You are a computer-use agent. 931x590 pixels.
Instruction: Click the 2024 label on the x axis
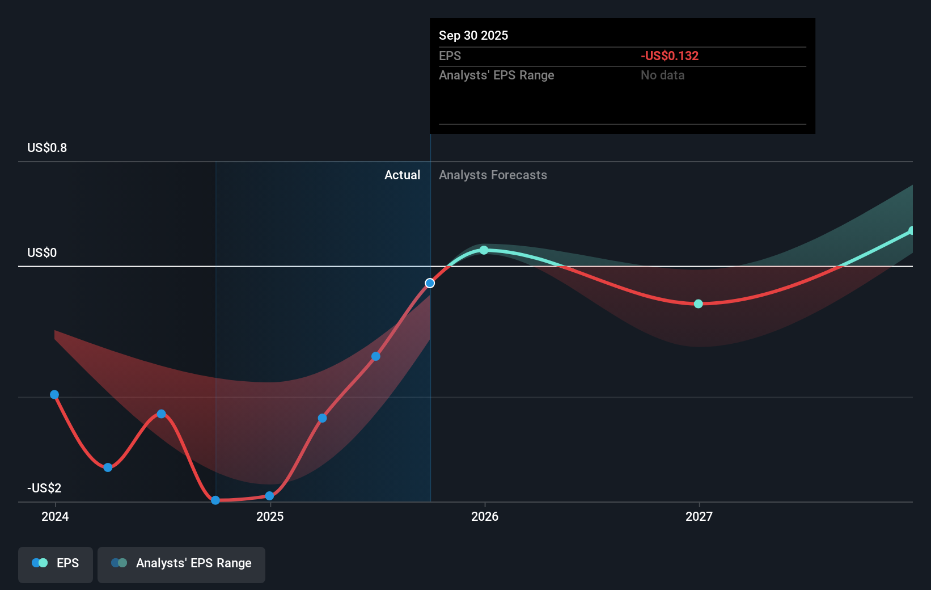pos(55,516)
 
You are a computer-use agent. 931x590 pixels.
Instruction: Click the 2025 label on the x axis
pos(270,516)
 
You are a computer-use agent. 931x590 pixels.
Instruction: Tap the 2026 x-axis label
pos(485,516)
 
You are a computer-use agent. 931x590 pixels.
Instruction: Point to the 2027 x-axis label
pos(699,516)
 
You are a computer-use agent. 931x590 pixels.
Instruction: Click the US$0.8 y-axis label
pos(47,148)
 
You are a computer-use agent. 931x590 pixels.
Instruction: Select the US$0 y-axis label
pos(42,253)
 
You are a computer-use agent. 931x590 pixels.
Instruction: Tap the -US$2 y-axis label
pos(44,488)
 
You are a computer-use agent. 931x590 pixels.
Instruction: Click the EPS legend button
pos(56,564)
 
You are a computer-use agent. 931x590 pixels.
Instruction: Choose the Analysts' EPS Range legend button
pos(181,564)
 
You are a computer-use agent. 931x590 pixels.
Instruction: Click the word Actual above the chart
pos(402,175)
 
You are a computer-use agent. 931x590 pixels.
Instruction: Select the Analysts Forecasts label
pos(493,175)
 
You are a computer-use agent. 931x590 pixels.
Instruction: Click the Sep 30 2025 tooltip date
pos(473,36)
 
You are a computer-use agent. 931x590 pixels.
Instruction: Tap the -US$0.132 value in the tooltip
pos(670,56)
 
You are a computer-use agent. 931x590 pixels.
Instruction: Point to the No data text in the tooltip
pos(662,75)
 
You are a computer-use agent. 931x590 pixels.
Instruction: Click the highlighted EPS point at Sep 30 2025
pos(430,283)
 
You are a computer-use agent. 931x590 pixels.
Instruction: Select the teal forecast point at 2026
pos(484,250)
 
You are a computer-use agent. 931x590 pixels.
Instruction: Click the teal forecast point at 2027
pos(699,304)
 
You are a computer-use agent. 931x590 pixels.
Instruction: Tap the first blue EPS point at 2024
pos(54,395)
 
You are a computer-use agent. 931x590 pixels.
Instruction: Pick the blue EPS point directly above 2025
pos(270,496)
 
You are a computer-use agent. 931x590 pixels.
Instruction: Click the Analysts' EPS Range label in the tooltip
pos(496,75)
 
